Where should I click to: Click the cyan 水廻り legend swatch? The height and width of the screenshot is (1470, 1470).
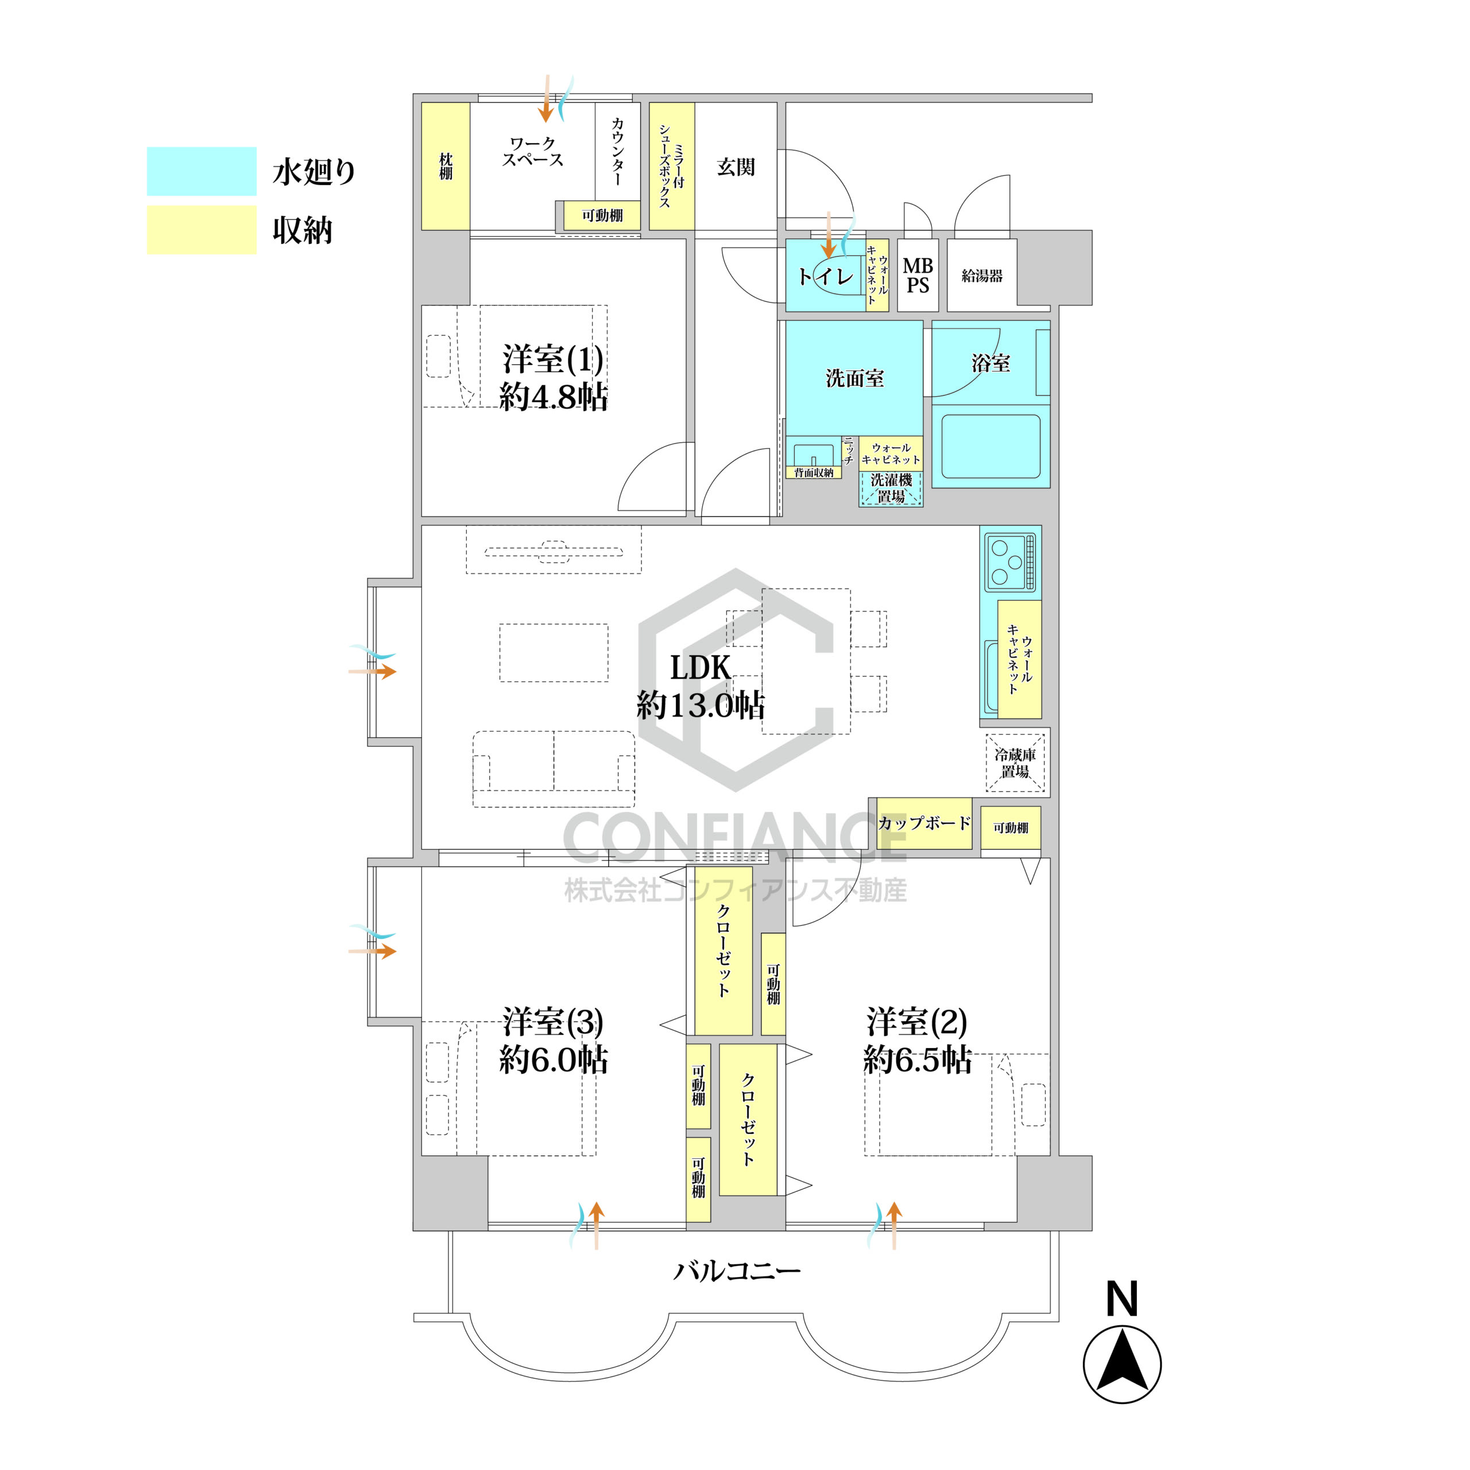click(202, 171)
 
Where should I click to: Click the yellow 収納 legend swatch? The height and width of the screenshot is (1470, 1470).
click(202, 230)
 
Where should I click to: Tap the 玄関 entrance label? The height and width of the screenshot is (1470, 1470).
click(736, 167)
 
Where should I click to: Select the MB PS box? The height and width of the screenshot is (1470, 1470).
click(918, 276)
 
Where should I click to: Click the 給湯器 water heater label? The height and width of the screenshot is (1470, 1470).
click(981, 276)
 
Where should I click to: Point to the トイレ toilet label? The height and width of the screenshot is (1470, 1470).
click(826, 276)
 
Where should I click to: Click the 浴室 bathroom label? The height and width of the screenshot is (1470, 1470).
click(991, 363)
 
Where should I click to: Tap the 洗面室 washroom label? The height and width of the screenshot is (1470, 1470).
click(854, 378)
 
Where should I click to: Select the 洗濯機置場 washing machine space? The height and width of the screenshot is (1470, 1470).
click(891, 489)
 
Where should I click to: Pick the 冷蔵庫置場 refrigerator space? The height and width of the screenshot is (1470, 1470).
click(1015, 763)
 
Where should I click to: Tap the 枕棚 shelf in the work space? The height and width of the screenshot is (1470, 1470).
click(446, 166)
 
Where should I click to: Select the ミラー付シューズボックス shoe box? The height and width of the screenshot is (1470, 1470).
click(672, 166)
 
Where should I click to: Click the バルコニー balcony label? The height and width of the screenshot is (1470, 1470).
click(737, 1270)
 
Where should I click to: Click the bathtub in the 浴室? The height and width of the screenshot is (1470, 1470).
click(991, 446)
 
